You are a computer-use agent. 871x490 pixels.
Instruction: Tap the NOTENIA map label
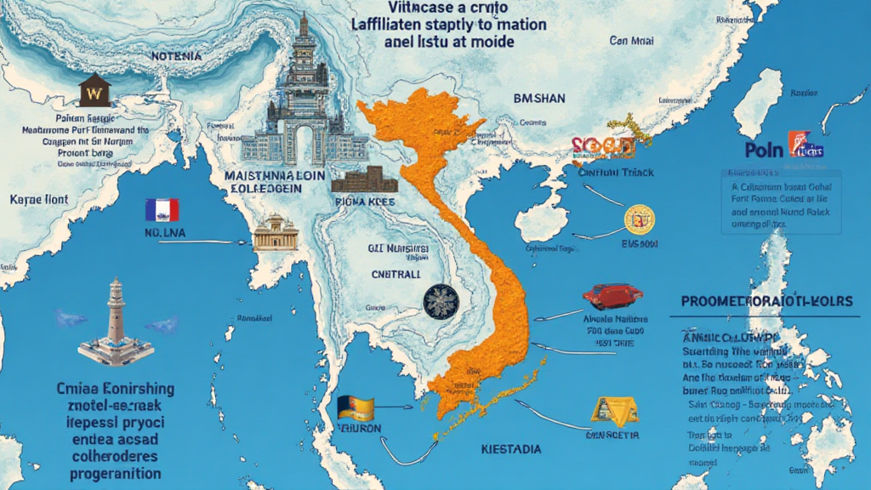(x=177, y=56)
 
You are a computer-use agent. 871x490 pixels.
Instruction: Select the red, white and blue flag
(x=162, y=209)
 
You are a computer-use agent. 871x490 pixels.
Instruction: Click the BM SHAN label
(x=539, y=99)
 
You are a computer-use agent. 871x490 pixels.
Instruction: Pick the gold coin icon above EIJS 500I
(x=640, y=219)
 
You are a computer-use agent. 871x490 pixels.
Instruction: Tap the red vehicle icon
(x=612, y=296)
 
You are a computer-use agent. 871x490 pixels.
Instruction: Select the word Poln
(x=763, y=150)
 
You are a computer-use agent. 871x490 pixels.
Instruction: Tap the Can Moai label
(x=630, y=40)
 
